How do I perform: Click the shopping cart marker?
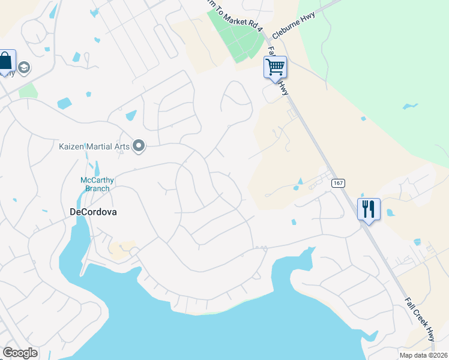pos(275,67)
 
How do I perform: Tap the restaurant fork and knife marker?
pos(369,209)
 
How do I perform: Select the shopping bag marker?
pos(5,61)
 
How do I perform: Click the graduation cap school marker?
pos(25,67)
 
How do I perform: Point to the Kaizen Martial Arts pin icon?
pos(139,146)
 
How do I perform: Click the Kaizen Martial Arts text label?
pos(95,146)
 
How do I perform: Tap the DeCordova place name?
pos(93,212)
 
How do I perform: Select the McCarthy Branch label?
pos(98,184)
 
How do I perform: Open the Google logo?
pos(20,353)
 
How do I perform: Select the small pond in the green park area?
pos(411,107)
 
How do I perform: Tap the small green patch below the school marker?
pos(28,91)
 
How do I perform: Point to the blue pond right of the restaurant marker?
pos(390,212)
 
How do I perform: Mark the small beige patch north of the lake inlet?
pos(122,248)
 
